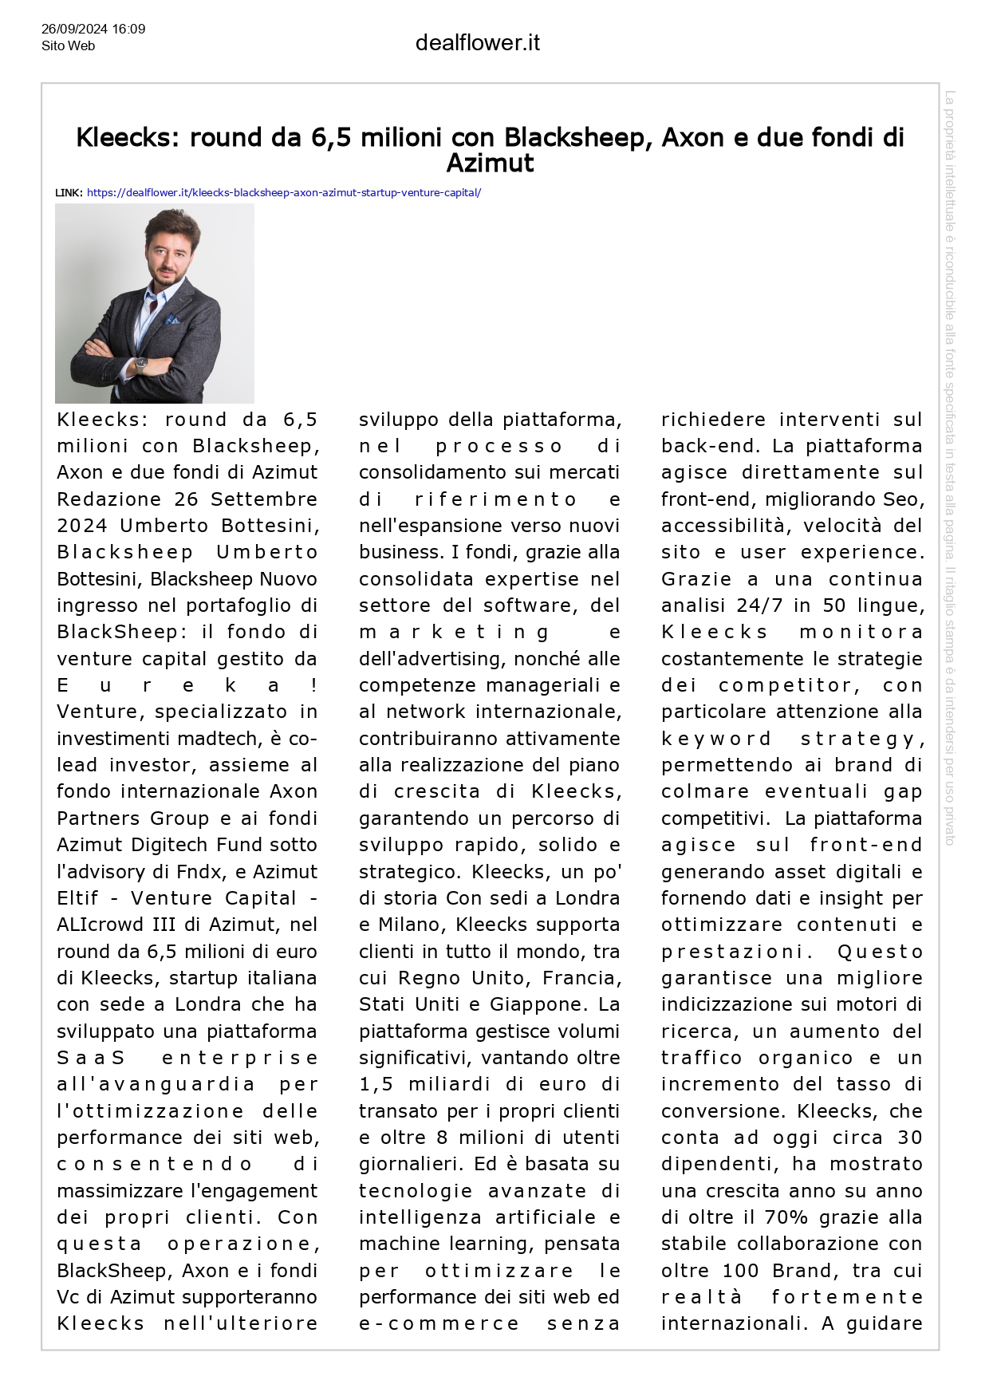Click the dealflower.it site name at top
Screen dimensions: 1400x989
(x=477, y=43)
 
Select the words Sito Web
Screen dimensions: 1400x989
(x=68, y=46)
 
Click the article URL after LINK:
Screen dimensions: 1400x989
(x=283, y=193)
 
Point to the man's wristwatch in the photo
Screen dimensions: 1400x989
(x=142, y=364)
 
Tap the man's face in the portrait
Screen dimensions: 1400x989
(x=169, y=251)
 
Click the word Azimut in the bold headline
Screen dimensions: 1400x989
(x=490, y=164)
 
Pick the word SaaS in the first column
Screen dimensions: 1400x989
(x=91, y=1059)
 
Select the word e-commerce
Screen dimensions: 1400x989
(x=439, y=1324)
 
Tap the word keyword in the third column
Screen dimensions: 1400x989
(x=716, y=739)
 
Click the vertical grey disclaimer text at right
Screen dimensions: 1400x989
(x=949, y=467)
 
